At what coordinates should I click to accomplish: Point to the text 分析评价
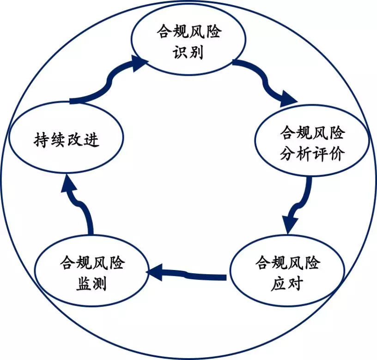312,154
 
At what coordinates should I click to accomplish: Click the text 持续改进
67,139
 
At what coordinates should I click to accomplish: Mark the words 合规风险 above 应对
287,264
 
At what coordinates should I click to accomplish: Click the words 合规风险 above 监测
92,264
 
